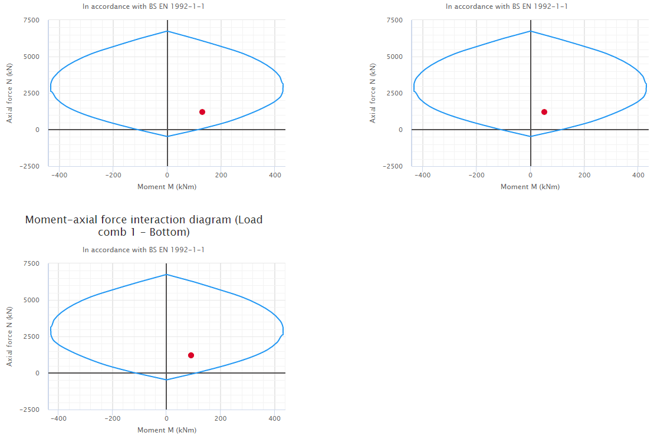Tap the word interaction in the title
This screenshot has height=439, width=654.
click(137, 220)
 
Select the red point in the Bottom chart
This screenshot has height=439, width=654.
click(191, 355)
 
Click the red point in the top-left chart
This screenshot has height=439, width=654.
click(202, 112)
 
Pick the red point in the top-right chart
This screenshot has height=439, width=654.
click(544, 112)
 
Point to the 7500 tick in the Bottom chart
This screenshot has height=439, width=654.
click(31, 263)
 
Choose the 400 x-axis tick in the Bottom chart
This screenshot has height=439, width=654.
click(274, 418)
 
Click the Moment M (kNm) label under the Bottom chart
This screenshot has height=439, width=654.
click(167, 430)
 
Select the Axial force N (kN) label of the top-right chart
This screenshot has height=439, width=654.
click(373, 93)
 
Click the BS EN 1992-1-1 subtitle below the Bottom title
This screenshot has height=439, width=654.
click(143, 250)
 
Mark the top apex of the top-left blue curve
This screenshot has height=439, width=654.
click(167, 31)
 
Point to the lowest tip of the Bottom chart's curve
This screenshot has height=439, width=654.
click(166, 379)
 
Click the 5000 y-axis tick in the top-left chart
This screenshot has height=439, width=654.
click(31, 57)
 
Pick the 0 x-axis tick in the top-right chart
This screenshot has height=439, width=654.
click(530, 175)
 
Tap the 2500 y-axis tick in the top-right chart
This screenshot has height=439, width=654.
click(395, 93)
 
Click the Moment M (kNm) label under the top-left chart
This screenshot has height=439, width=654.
click(167, 187)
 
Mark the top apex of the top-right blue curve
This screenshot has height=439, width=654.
click(531, 31)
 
